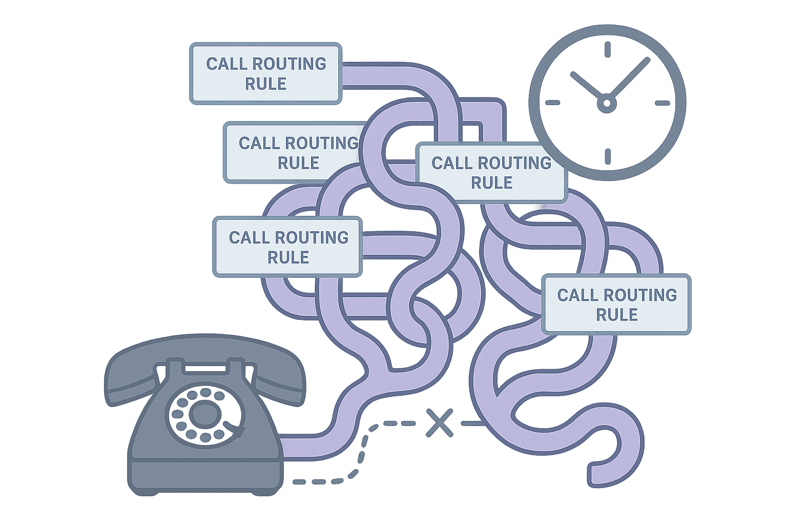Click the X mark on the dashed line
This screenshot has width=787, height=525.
coord(439,423)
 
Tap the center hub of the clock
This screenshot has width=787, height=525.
coord(607,104)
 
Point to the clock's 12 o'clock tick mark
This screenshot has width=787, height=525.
coord(607,50)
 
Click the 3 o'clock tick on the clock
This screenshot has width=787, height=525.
coord(662,103)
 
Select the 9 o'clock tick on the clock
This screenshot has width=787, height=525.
coord(552,103)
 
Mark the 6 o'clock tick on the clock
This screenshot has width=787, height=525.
coord(607,156)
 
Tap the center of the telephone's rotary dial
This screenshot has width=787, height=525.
coord(203,413)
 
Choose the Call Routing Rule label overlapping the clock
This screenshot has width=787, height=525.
coord(492,173)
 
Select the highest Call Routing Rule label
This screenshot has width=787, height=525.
coord(265,74)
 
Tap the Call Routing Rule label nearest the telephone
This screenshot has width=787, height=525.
coord(288,247)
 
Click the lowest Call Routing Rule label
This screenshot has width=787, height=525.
coord(617,305)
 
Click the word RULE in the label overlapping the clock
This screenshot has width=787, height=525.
coord(492,183)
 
